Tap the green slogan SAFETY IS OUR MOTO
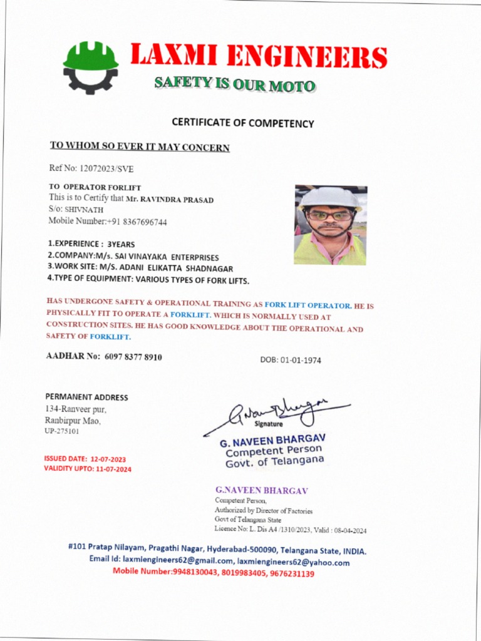235,84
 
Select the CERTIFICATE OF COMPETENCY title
242,123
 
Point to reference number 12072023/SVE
106,168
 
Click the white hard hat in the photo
330,197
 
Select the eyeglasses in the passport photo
329,215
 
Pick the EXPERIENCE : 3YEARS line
91,244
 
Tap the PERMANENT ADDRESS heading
86,397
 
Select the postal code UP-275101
61,431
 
